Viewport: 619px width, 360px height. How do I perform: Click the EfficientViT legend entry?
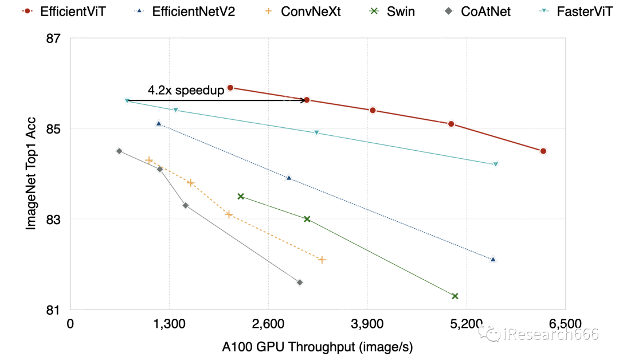[x=63, y=11]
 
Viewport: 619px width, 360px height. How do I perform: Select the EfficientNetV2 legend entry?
[x=178, y=11]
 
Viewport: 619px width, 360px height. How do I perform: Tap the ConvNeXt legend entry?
[x=303, y=11]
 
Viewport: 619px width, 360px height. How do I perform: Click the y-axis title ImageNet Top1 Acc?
[x=32, y=174]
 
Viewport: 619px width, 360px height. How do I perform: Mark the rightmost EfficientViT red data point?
[x=543, y=151]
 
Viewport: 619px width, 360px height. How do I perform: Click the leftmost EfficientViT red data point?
[x=230, y=88]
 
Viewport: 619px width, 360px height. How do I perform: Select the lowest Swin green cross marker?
[x=455, y=296]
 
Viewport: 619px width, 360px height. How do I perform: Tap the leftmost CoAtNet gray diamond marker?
[x=119, y=151]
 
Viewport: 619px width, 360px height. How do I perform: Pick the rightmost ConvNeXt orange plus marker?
[x=322, y=260]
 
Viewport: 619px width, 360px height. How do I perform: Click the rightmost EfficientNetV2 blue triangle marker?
[x=493, y=259]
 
